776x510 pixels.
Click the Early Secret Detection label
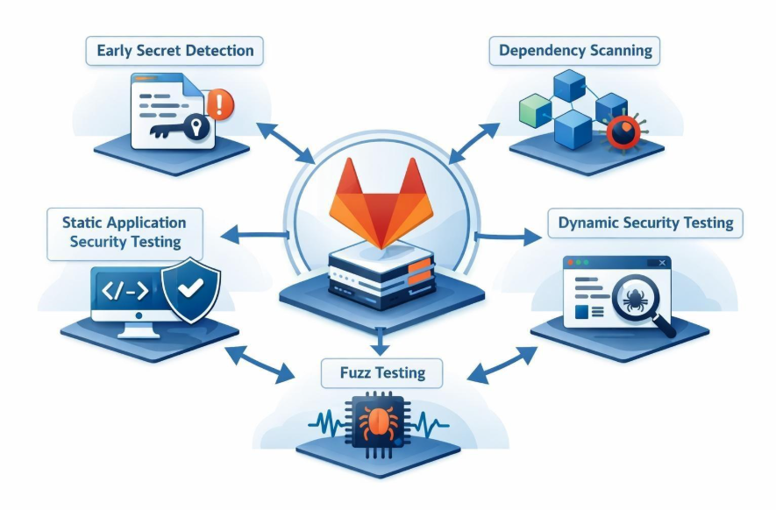[x=175, y=51]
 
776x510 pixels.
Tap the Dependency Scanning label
[x=574, y=51]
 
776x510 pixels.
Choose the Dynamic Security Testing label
[x=645, y=223]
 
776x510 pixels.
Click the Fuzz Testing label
[x=382, y=373]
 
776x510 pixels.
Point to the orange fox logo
[x=381, y=207]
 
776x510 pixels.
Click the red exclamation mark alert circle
[x=222, y=106]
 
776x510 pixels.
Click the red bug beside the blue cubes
[x=624, y=133]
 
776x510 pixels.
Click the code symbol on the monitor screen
[x=125, y=291]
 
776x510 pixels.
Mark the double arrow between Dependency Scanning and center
[x=474, y=140]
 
